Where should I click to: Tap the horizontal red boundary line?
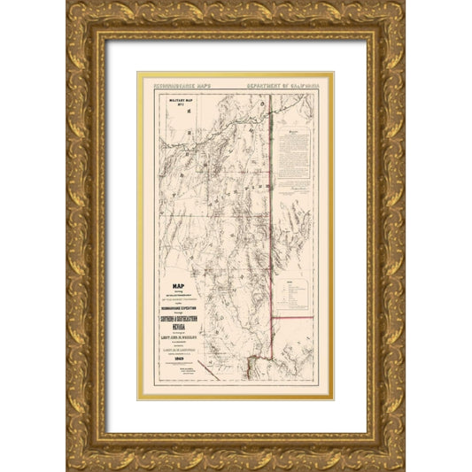coord(292,316)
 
